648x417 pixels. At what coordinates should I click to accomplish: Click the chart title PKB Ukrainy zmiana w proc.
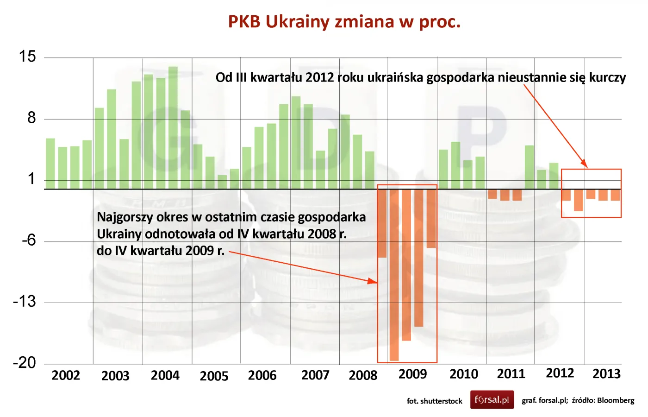pyautogui.click(x=344, y=22)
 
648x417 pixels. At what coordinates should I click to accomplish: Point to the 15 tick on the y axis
pyautogui.click(x=27, y=57)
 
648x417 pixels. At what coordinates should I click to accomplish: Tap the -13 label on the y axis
pyautogui.click(x=25, y=302)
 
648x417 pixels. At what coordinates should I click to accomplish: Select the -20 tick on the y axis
pyautogui.click(x=25, y=362)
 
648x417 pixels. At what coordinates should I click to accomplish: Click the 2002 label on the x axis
pyautogui.click(x=66, y=375)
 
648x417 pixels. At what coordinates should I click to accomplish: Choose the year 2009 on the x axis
pyautogui.click(x=412, y=374)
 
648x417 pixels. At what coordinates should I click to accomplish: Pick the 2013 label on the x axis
pyautogui.click(x=606, y=374)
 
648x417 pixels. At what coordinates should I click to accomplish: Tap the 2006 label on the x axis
pyautogui.click(x=262, y=375)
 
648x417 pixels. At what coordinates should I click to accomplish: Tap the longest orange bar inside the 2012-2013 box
pyautogui.click(x=578, y=200)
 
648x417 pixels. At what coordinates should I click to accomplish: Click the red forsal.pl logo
pyautogui.click(x=492, y=400)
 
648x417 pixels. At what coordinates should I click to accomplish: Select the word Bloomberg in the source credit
pyautogui.click(x=616, y=400)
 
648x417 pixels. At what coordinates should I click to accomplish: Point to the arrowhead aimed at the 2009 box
pyautogui.click(x=373, y=281)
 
